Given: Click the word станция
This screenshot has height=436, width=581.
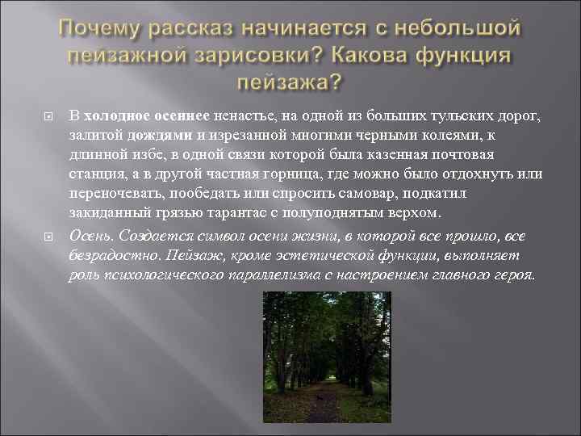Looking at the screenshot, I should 95,174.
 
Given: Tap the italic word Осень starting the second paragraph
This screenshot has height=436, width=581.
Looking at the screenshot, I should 91,235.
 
